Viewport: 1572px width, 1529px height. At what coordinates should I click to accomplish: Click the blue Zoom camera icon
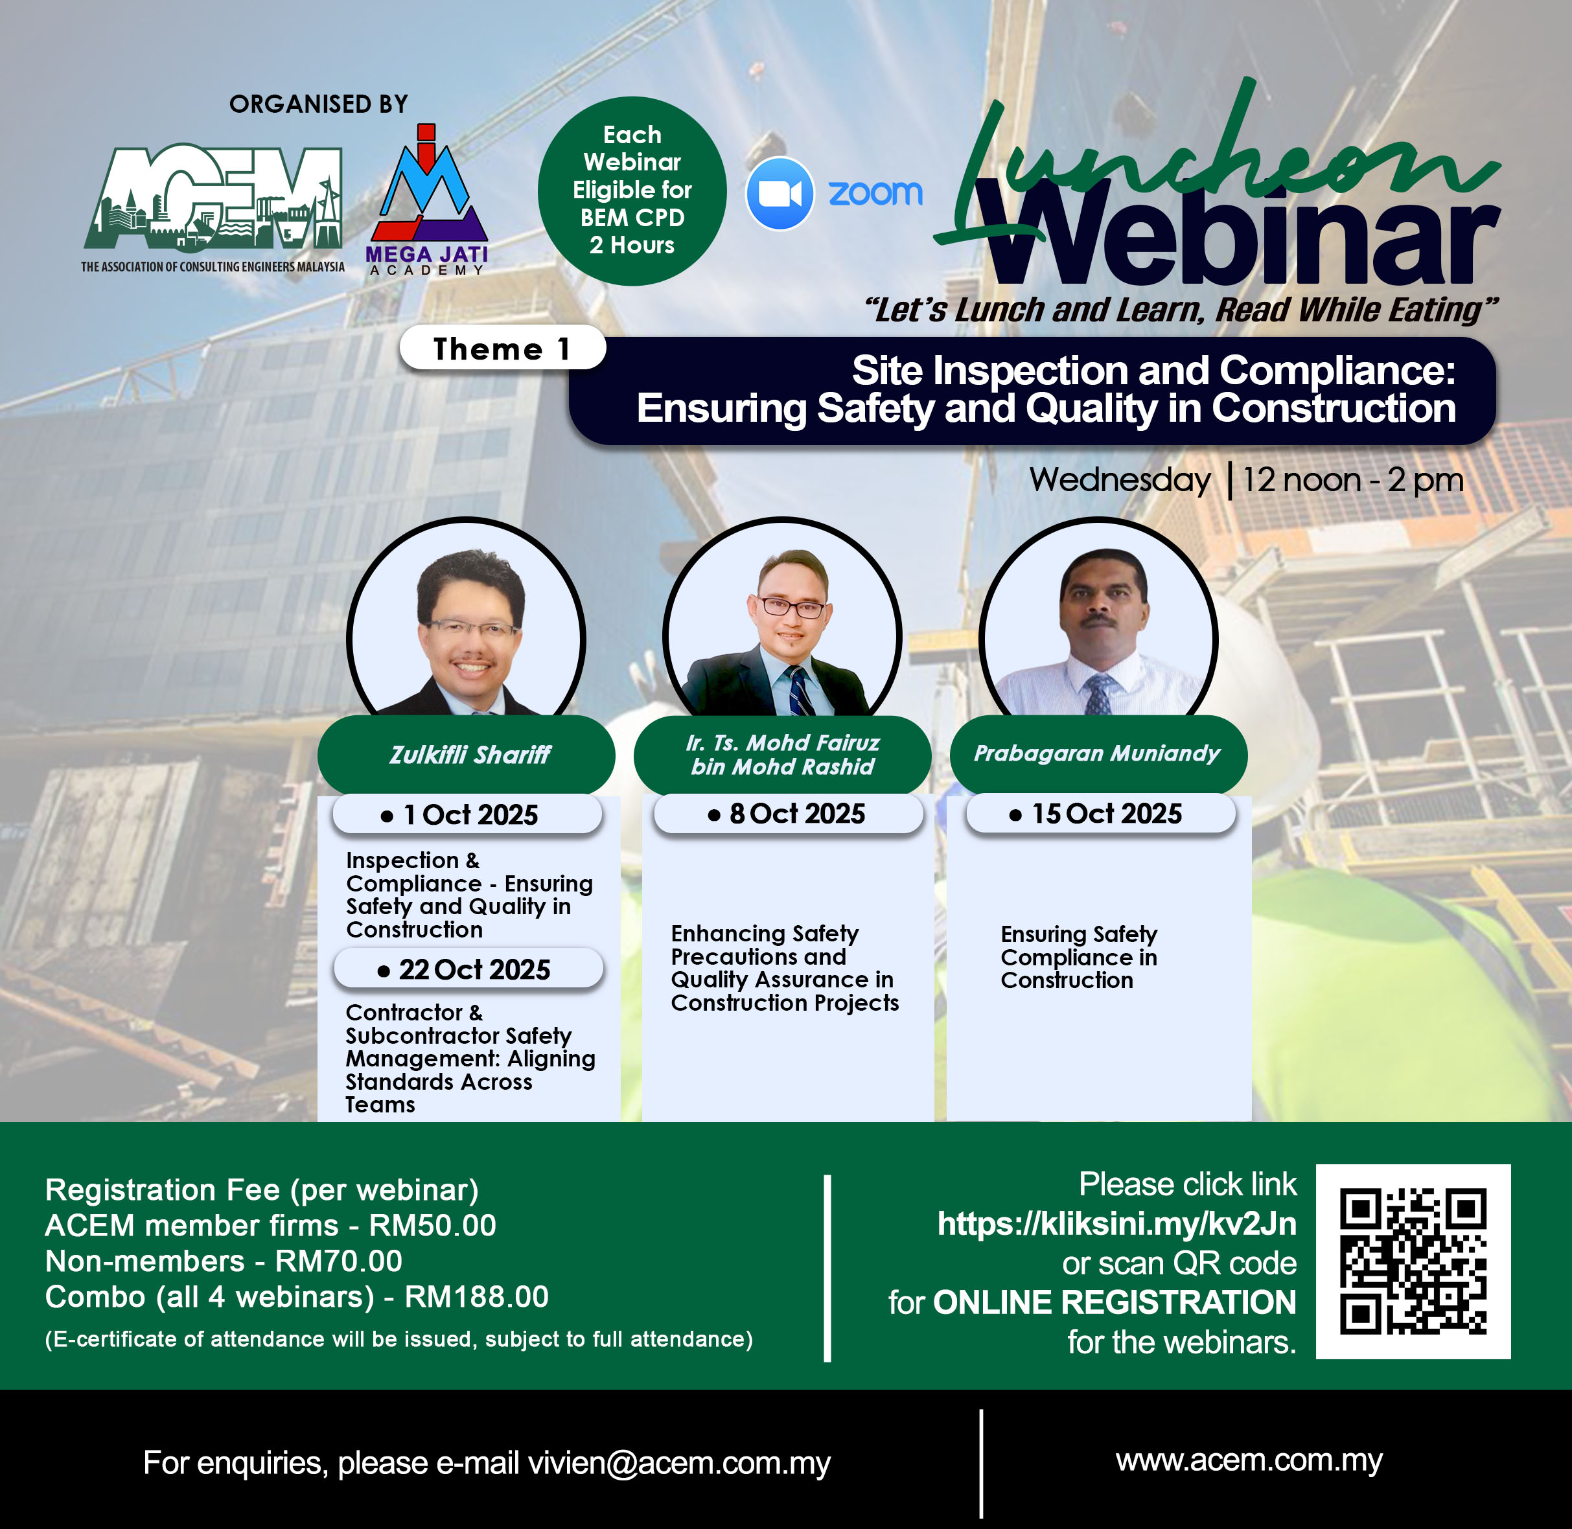[x=779, y=194]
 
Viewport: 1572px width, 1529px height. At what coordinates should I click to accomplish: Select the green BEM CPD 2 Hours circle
[x=632, y=190]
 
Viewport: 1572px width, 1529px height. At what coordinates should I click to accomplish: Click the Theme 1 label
[x=502, y=348]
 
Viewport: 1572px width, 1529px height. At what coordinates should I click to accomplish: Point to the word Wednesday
[x=1120, y=479]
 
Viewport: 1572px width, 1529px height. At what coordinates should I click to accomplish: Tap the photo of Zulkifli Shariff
[x=466, y=617]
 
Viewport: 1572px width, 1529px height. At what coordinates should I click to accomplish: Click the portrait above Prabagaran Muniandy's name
[x=1098, y=617]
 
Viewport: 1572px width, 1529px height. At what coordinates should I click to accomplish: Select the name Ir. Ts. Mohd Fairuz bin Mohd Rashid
[x=782, y=754]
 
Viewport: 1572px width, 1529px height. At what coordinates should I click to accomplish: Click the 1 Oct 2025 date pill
[x=467, y=814]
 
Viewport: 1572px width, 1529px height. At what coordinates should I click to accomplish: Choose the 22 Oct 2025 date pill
[x=468, y=969]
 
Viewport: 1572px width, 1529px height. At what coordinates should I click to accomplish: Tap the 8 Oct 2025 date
[x=788, y=814]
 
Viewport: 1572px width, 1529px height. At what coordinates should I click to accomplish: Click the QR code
[x=1413, y=1261]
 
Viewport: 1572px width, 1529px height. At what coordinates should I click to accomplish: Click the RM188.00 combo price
[x=476, y=1297]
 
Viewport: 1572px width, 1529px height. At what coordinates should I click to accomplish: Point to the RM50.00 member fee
[x=432, y=1225]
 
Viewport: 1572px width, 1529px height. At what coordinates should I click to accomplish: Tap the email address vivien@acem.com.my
[x=679, y=1462]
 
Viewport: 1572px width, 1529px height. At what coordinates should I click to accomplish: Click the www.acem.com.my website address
[x=1249, y=1460]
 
